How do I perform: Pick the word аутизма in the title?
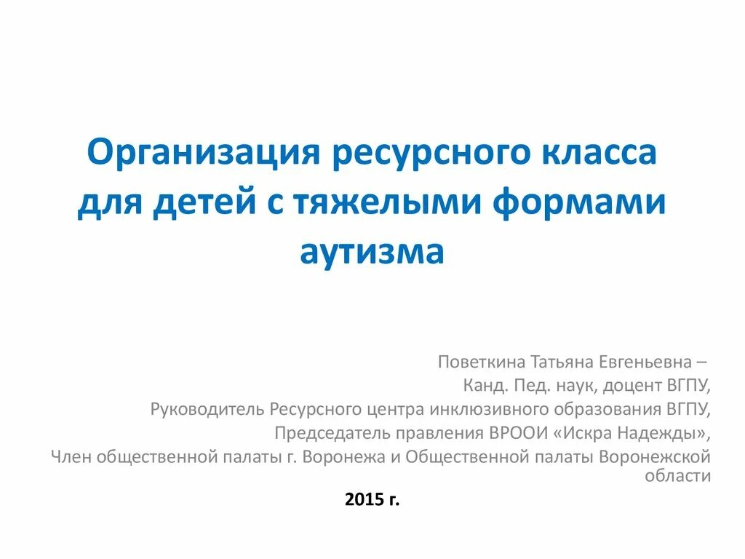pos(372,251)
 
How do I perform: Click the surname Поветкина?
pos(481,362)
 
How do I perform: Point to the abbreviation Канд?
pos(481,385)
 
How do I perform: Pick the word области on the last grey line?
pos(677,476)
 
